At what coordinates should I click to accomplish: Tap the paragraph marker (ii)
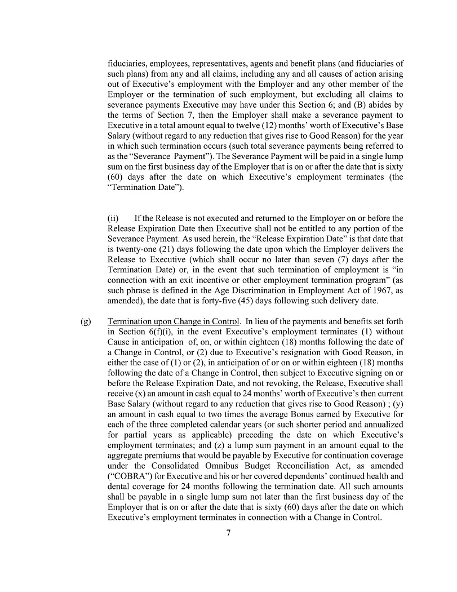pyautogui.click(x=113, y=218)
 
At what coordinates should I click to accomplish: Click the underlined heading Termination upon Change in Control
pyautogui.click(x=174, y=321)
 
